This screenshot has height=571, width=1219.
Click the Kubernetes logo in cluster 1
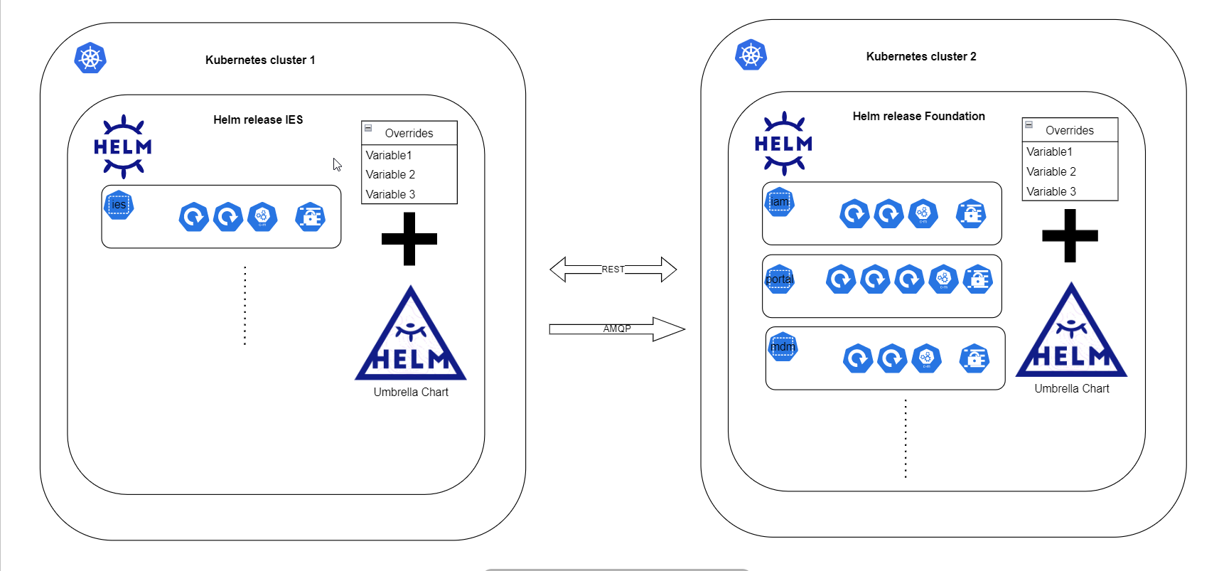pos(90,58)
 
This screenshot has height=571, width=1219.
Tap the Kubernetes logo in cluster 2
pos(751,55)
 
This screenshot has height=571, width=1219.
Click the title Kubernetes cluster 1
pos(260,60)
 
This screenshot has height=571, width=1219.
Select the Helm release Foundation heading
pos(918,116)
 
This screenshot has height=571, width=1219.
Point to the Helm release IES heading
pos(258,119)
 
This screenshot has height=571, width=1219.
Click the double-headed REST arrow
pos(613,270)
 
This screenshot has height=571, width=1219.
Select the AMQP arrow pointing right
pos(616,329)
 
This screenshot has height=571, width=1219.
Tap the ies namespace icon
pos(119,205)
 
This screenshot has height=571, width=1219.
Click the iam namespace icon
pos(780,202)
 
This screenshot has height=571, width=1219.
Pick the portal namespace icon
pos(780,279)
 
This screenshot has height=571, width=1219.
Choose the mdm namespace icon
pos(783,347)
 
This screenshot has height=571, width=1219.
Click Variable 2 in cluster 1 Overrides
pos(390,174)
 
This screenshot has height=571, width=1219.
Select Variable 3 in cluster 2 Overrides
pos(1051,191)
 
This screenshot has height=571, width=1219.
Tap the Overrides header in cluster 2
pos(1069,130)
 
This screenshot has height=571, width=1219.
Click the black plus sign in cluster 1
pos(409,239)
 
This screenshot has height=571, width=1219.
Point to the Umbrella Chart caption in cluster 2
pos(1071,388)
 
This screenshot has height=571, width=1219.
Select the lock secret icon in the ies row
pos(311,217)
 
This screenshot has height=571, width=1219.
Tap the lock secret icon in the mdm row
pos(974,358)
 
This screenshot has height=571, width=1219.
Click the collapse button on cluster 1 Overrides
pos(368,128)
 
